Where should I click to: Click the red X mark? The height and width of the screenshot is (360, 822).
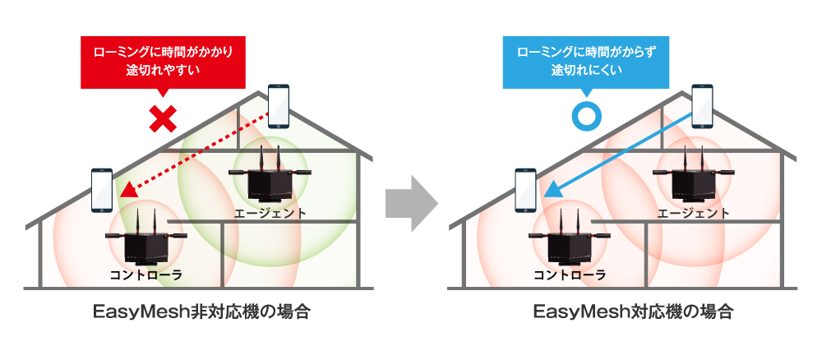163,118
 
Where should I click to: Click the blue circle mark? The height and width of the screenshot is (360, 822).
586,117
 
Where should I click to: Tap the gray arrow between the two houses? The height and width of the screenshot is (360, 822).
410,204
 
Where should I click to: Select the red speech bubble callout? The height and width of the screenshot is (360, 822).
163,61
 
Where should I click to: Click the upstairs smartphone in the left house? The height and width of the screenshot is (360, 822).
279,105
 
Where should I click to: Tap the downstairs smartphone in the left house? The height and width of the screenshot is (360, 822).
102,189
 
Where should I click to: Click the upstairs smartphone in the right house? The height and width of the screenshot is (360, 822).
702,106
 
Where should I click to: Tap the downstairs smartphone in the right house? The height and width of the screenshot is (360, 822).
525,190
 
